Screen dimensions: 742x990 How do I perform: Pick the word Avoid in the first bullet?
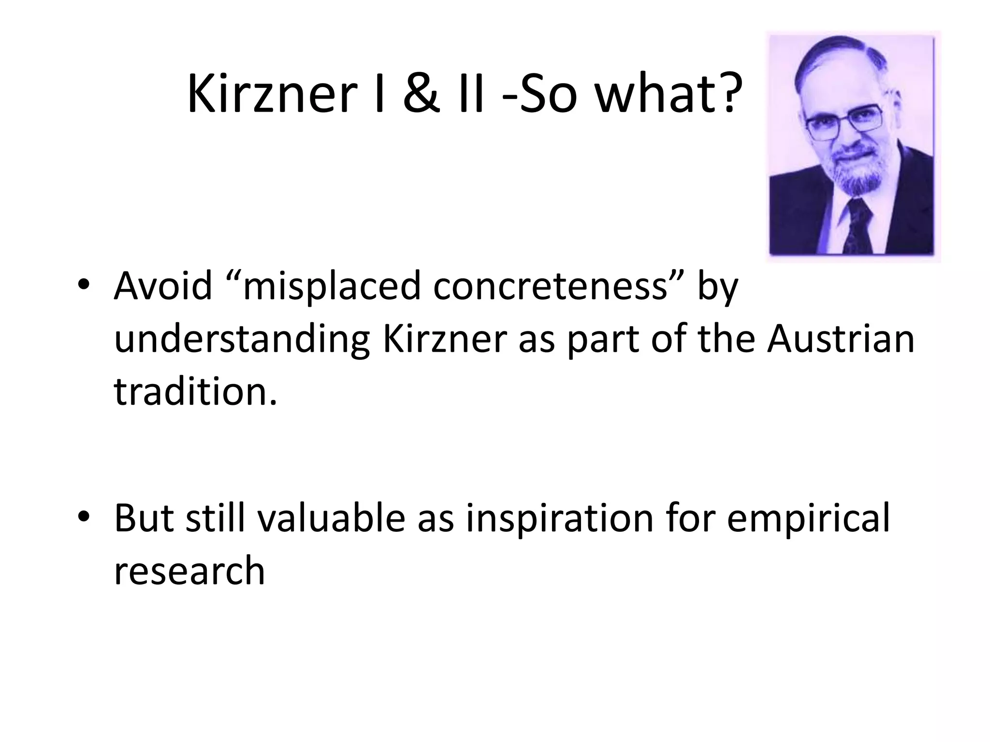pyautogui.click(x=163, y=286)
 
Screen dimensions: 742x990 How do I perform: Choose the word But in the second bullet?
pyautogui.click(x=143, y=518)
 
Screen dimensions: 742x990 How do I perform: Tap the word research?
pyautogui.click(x=189, y=571)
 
